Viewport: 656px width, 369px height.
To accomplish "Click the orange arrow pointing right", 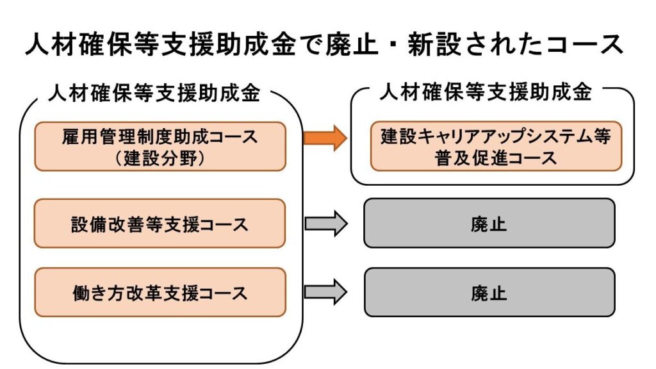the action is (x=325, y=138).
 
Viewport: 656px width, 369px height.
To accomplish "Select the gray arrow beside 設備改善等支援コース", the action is (x=326, y=224).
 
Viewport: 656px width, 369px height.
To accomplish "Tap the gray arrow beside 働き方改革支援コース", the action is (x=325, y=292).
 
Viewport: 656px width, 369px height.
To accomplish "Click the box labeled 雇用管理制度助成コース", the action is (x=160, y=147).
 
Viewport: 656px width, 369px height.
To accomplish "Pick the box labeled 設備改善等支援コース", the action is (x=160, y=224).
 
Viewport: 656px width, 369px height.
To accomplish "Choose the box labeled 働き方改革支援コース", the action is (x=160, y=292).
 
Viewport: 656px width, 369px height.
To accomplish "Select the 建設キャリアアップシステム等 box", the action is (x=496, y=147).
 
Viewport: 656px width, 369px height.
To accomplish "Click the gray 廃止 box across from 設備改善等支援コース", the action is (x=489, y=224).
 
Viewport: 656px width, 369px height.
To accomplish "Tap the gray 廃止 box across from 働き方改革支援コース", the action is (x=489, y=292).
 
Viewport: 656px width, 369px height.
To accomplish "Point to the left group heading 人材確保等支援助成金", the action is (x=154, y=93).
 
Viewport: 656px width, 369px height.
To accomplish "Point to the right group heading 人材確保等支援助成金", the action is (x=486, y=92).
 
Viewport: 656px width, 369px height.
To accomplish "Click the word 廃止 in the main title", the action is (x=352, y=44).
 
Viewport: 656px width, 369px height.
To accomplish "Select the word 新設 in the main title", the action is (x=435, y=44).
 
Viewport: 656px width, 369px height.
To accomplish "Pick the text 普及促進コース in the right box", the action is (x=496, y=158).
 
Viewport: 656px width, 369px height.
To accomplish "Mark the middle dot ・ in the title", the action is (x=394, y=44).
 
